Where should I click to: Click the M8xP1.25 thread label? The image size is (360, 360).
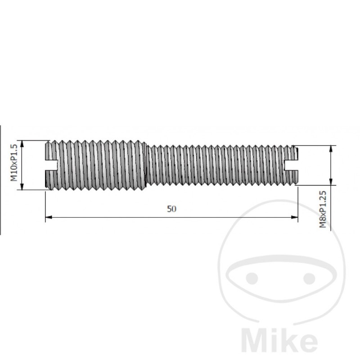coord(323,209)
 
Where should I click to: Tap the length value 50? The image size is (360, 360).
coord(171,208)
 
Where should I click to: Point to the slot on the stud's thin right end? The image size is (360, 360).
coord(292,165)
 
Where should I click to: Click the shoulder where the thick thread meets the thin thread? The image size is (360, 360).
coord(147,165)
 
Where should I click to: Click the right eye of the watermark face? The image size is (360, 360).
coord(308,278)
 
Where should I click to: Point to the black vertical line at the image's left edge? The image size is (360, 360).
coord(0,180)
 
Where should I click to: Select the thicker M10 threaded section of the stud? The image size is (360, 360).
coord(97,165)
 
